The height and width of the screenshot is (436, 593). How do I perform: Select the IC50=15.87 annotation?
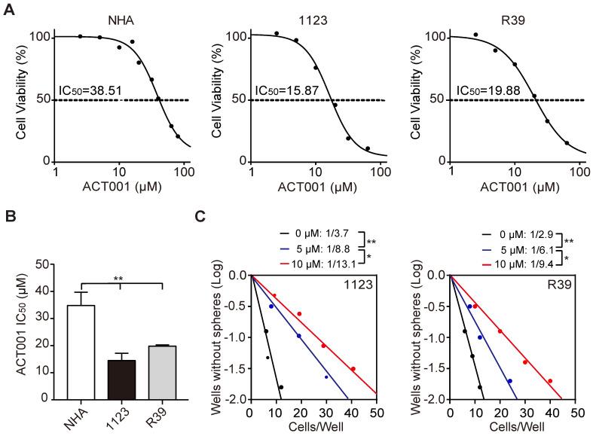pos(286,91)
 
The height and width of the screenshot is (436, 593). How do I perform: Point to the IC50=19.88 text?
pos(486,91)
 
